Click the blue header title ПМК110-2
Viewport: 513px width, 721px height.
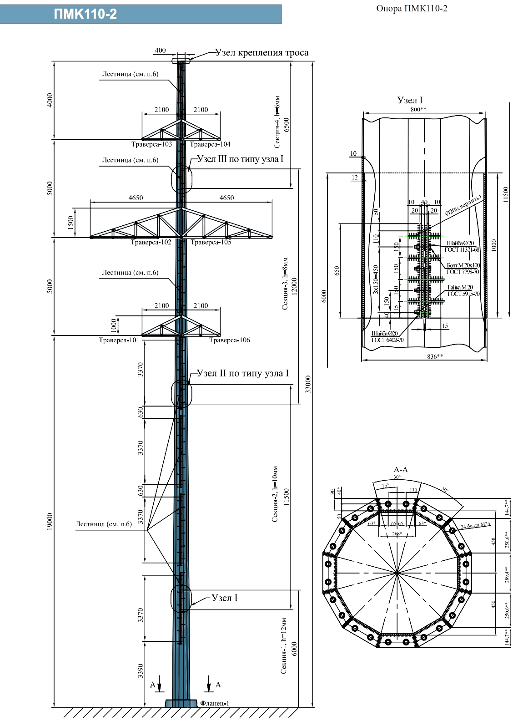pos(85,14)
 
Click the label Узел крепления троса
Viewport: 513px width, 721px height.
pos(262,53)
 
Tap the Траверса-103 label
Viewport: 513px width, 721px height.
pos(151,144)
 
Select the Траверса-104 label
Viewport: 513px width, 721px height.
pos(210,144)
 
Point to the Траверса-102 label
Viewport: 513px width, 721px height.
pos(151,242)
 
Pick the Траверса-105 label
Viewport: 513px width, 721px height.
pos(211,242)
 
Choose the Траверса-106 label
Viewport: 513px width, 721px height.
pos(230,340)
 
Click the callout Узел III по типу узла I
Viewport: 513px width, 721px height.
pos(240,159)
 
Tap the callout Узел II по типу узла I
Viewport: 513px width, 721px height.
pos(243,373)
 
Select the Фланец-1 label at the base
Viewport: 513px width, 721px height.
pos(215,703)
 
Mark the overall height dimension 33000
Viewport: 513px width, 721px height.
pos(308,384)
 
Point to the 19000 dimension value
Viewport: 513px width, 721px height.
pos(50,522)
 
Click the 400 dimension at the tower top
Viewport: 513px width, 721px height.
pos(160,51)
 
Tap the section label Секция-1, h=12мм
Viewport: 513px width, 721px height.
pos(284,645)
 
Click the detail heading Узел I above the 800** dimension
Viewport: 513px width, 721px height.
pos(410,100)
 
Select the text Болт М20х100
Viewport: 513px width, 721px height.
pos(463,265)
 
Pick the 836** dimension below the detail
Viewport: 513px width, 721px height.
pos(435,356)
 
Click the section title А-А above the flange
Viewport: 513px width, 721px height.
pos(401,470)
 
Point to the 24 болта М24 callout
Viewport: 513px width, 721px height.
pos(475,525)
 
